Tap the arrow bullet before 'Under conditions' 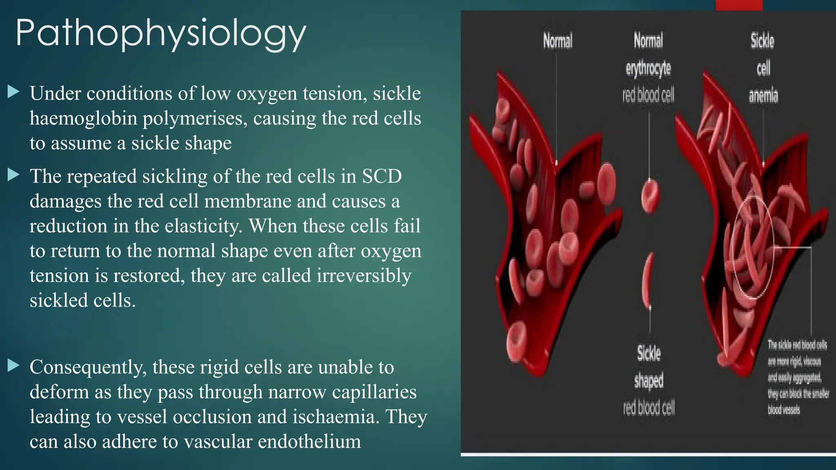tap(13, 92)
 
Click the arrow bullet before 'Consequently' tap(13, 366)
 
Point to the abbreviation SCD tap(382, 176)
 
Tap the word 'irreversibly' tap(364, 276)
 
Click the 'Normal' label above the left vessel tap(557, 41)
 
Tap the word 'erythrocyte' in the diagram tap(648, 68)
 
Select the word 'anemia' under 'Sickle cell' tap(763, 95)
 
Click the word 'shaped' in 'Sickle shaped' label tap(649, 380)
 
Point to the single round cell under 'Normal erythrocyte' tap(650, 196)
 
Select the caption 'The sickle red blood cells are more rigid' tap(797, 377)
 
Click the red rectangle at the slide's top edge tap(739, 5)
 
